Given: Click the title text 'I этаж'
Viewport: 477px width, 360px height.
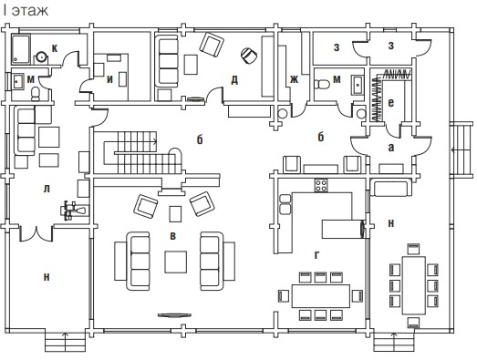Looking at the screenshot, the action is pyautogui.click(x=26, y=11).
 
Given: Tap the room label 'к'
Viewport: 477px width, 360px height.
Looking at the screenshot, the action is pyautogui.click(x=55, y=48).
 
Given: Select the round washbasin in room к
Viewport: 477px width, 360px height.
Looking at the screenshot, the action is pyautogui.click(x=41, y=57).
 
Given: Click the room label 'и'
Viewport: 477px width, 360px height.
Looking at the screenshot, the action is pyautogui.click(x=109, y=79).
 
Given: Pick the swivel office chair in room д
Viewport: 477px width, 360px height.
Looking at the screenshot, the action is pyautogui.click(x=249, y=55).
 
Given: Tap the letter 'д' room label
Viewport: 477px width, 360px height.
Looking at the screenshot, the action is pyautogui.click(x=234, y=80).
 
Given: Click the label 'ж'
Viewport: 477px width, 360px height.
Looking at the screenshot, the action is pyautogui.click(x=294, y=79).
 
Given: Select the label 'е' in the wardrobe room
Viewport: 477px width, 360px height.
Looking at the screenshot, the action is pyautogui.click(x=391, y=103).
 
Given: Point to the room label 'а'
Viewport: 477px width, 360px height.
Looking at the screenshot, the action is pyautogui.click(x=391, y=148).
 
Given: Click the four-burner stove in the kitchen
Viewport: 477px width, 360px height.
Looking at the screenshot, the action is pyautogui.click(x=321, y=185).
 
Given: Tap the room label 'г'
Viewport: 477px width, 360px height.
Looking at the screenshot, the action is pyautogui.click(x=316, y=255).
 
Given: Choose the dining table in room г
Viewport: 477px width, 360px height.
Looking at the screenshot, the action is pyautogui.click(x=321, y=296).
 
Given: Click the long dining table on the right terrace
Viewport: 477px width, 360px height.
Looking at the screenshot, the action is pyautogui.click(x=414, y=285).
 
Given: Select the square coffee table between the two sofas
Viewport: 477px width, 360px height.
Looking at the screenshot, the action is pyautogui.click(x=176, y=262).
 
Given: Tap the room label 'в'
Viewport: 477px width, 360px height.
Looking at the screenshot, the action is pyautogui.click(x=172, y=236).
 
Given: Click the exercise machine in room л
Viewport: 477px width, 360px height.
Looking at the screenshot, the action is pyautogui.click(x=74, y=211).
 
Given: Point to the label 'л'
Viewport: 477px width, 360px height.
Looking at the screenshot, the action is pyautogui.click(x=47, y=190).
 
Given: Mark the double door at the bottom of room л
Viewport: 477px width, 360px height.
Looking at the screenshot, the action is pyautogui.click(x=36, y=234).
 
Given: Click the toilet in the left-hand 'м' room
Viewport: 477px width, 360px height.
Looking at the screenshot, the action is pyautogui.click(x=36, y=94).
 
